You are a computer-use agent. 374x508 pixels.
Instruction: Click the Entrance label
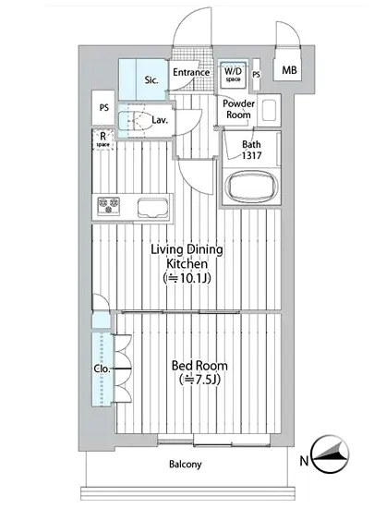[191, 72]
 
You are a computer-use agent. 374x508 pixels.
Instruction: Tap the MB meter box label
[289, 69]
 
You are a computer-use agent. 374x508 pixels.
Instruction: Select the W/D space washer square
[233, 74]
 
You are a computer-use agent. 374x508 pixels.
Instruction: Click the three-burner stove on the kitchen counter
[108, 206]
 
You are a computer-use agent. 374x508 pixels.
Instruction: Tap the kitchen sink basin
[153, 207]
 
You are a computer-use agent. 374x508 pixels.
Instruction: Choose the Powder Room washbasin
[269, 110]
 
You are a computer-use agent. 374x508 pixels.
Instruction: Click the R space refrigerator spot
[103, 139]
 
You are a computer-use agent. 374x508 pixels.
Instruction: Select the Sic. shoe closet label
[151, 79]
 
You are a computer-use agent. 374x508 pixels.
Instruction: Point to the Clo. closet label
[102, 369]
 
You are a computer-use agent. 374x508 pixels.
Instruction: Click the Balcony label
[186, 465]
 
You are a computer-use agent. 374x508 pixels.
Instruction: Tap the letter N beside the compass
[304, 460]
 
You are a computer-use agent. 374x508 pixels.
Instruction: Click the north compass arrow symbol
[330, 454]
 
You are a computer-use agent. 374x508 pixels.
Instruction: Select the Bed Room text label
[199, 366]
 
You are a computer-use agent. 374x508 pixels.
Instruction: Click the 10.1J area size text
[187, 278]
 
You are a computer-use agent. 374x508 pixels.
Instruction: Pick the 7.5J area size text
[199, 380]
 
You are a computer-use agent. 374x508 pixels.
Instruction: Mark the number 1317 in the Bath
[251, 155]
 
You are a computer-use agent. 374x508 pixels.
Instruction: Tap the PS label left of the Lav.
[104, 107]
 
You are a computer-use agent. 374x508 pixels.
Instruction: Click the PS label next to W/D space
[256, 75]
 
